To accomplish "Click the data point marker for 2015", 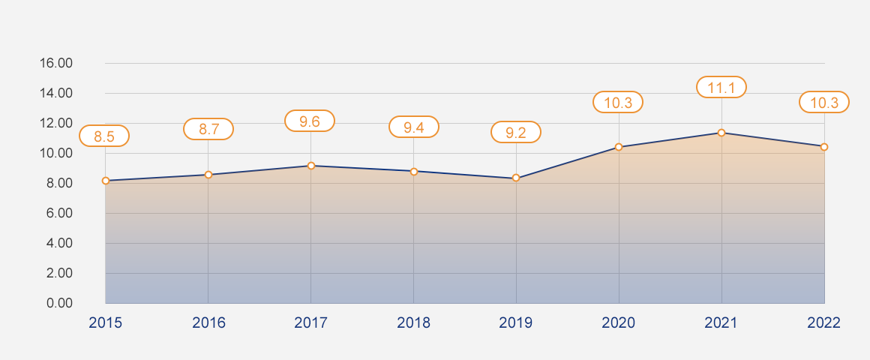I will click(x=106, y=181).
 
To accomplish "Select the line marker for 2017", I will click(x=310, y=166).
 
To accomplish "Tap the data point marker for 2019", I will click(x=516, y=178).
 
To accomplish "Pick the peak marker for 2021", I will click(x=721, y=133).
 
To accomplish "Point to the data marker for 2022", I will click(x=823, y=147).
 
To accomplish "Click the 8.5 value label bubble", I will click(x=104, y=136).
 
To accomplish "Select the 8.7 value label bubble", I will click(x=208, y=129).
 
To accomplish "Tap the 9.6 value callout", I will click(x=310, y=121).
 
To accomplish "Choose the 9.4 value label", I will click(x=414, y=127).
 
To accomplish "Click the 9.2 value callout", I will click(x=516, y=133).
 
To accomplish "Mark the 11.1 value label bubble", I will click(x=721, y=88).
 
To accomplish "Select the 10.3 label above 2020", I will click(x=618, y=102).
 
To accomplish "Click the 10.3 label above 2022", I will click(x=824, y=102).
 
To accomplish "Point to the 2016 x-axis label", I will click(x=208, y=323).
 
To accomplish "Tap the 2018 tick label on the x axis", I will click(x=414, y=323).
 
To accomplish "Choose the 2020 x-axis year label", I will click(x=619, y=323).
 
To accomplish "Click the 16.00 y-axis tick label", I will click(x=55, y=63).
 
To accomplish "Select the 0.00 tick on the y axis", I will click(x=59, y=303).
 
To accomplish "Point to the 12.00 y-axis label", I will click(x=55, y=123).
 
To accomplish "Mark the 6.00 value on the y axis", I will click(x=59, y=213).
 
